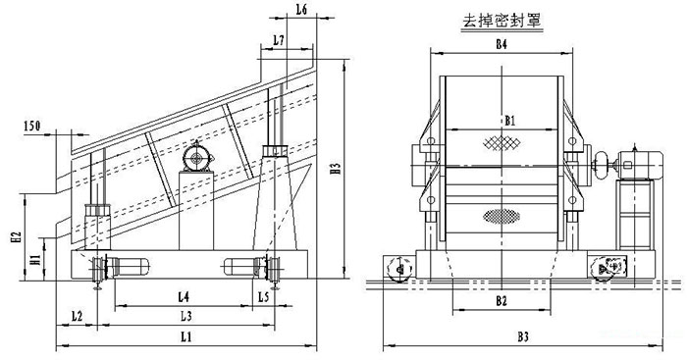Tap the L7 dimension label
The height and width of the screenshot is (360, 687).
(280, 40)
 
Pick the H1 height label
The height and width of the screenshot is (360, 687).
(35, 260)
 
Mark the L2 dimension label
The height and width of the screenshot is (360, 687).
(77, 316)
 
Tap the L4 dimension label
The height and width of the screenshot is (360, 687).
(185, 295)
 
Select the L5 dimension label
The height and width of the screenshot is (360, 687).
(264, 295)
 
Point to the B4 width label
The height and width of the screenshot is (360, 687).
(501, 45)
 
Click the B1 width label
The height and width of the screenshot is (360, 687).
(508, 120)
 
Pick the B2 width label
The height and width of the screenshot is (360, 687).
(501, 299)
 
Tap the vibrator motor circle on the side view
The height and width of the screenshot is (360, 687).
(199, 157)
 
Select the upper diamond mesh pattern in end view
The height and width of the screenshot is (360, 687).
(501, 143)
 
